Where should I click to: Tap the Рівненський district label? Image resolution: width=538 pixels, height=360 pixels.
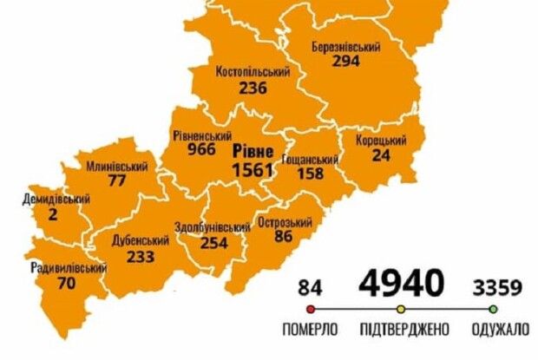coord(201,136)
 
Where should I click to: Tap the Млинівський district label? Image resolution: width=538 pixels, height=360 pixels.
coord(117,167)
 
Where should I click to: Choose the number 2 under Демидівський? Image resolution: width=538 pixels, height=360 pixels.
coord(54,213)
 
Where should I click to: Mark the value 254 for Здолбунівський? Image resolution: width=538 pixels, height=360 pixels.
coord(213,244)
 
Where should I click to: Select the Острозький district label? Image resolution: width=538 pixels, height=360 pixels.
coord(285,222)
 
